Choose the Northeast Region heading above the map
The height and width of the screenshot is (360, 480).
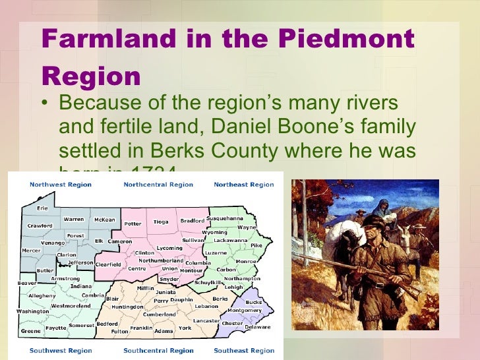coord(243,185)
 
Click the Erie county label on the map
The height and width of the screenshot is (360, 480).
coord(42,207)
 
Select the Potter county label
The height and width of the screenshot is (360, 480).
coord(133,224)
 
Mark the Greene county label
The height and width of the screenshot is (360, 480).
coord(30,331)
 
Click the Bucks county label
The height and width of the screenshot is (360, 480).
coord(254,303)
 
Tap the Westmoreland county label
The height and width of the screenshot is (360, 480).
coord(71,306)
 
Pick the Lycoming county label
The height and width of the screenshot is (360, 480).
coord(169,248)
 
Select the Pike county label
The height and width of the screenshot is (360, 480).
coord(256,245)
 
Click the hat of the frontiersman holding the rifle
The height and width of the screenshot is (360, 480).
coord(375,222)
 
